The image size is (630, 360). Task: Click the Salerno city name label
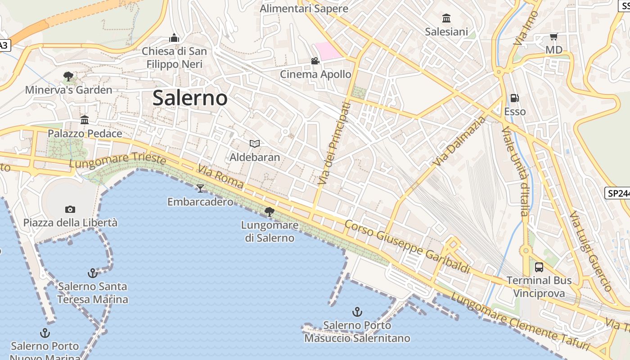190,98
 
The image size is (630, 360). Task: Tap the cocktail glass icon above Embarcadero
200,188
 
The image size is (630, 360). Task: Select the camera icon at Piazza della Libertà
70,209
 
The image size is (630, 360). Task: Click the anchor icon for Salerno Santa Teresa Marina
92,273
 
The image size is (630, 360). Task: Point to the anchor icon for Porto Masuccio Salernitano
357,312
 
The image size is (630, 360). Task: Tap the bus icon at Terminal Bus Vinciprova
539,267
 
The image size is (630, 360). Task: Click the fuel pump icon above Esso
514,98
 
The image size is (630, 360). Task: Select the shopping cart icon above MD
553,37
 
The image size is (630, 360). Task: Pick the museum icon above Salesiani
446,18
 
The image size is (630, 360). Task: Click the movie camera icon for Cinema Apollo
315,61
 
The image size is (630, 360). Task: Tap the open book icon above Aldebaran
255,144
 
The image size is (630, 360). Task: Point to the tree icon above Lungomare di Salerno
270,211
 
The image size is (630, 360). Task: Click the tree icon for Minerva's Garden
68,76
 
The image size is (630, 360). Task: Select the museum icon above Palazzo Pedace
85,120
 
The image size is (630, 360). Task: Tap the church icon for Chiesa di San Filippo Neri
174,38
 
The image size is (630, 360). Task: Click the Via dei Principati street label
333,143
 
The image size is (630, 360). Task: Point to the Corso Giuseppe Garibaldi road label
407,247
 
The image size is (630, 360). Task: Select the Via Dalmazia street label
460,141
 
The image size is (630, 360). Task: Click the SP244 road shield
617,193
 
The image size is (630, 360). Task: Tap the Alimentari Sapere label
304,9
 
